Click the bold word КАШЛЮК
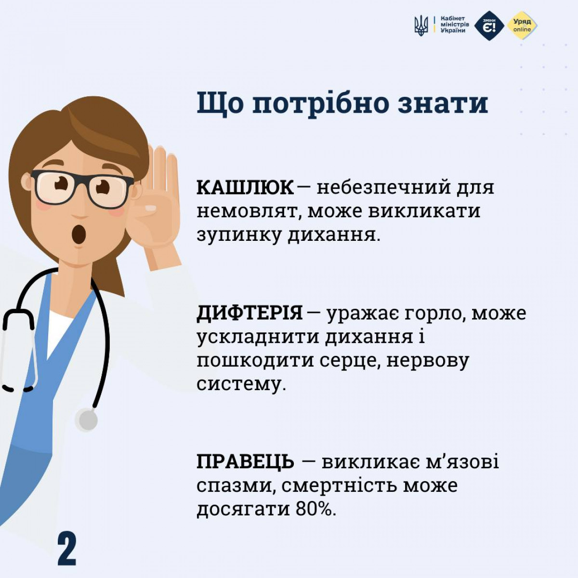(245, 188)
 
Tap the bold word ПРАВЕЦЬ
(245, 461)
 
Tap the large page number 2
(67, 549)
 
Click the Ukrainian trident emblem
(421, 26)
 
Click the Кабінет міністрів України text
(455, 25)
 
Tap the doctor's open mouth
(79, 234)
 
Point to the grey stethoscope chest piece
(87, 420)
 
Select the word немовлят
(247, 212)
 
